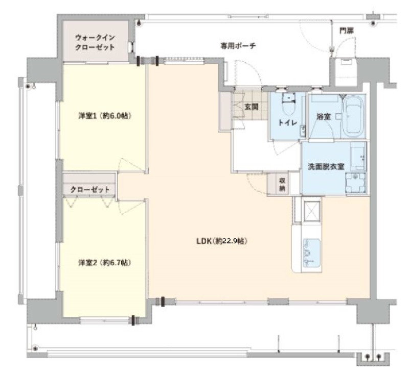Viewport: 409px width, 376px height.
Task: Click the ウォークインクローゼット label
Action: click(x=95, y=42)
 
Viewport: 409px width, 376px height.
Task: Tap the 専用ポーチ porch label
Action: click(x=238, y=46)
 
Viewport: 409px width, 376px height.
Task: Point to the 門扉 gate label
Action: click(x=347, y=31)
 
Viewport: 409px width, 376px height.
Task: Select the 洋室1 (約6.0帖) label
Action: click(x=105, y=115)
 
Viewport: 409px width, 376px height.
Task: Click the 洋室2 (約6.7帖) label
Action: click(x=105, y=263)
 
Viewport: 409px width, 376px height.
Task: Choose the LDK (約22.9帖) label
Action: click(x=222, y=241)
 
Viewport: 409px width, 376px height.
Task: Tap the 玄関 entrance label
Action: click(x=252, y=107)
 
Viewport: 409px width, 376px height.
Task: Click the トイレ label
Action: click(x=288, y=122)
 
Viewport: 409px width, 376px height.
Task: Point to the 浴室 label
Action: click(x=324, y=117)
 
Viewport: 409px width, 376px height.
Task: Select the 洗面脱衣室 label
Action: click(x=326, y=166)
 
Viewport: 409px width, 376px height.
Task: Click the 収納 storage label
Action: click(x=282, y=185)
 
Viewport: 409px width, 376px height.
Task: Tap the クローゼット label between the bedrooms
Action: click(x=90, y=189)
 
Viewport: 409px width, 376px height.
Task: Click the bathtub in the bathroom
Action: click(x=353, y=116)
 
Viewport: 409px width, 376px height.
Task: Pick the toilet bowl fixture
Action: click(x=288, y=106)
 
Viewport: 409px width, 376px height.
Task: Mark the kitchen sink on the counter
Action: click(x=311, y=252)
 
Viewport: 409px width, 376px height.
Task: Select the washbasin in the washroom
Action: click(x=355, y=181)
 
